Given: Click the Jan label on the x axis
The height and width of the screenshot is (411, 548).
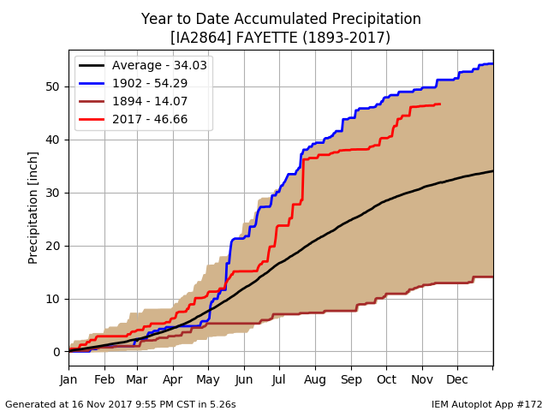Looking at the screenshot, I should point(69,379).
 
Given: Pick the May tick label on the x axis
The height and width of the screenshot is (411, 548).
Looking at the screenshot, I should point(208,379).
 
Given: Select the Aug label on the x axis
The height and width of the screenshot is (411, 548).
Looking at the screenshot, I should point(315,379).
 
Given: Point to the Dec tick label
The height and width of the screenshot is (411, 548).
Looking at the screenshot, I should point(456,379).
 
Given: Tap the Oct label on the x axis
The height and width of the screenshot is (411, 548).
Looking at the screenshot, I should point(386,379).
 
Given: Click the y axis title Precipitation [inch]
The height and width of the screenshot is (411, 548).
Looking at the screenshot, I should point(33,207).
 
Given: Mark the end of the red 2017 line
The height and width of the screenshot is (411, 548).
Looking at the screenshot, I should point(440,104).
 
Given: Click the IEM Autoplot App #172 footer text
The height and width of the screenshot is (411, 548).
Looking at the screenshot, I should point(486,404).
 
